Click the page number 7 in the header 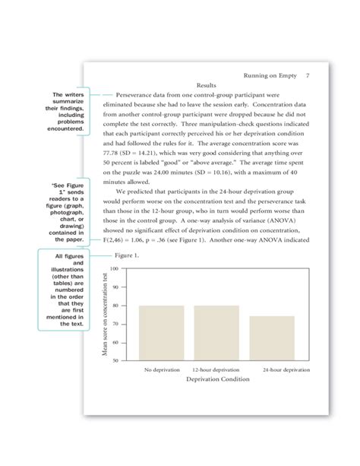click(307, 76)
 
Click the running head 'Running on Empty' click(267, 76)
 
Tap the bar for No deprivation click(161, 333)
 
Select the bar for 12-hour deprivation click(216, 333)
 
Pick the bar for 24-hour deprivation click(271, 338)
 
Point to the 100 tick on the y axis click(114, 269)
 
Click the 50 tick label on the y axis click(114, 360)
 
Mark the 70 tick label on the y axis click(114, 324)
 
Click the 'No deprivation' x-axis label click(162, 369)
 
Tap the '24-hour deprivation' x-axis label click(286, 369)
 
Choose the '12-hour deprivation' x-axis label click(216, 369)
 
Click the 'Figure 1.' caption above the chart click(127, 256)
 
